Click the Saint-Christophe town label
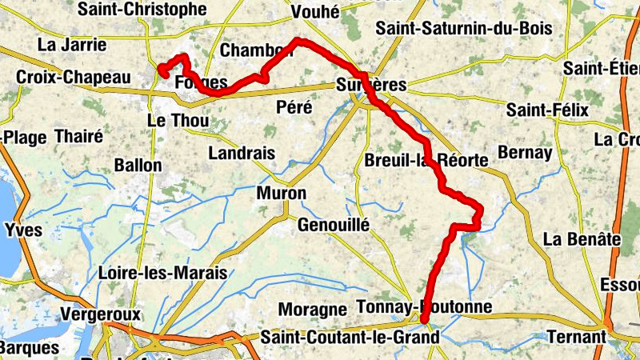tap(142, 10)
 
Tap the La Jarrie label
tap(72, 43)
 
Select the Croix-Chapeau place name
tap(73, 78)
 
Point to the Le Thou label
tap(178, 121)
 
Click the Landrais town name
tap(241, 153)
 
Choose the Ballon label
tap(138, 166)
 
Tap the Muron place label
tap(281, 194)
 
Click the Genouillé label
tap(334, 226)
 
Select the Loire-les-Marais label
tap(162, 273)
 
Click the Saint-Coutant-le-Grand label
tap(350, 338)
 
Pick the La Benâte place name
tap(582, 238)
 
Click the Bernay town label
tap(525, 152)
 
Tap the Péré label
tap(294, 106)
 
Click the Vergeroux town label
tap(101, 314)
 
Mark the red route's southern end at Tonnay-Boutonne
tap(424, 320)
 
